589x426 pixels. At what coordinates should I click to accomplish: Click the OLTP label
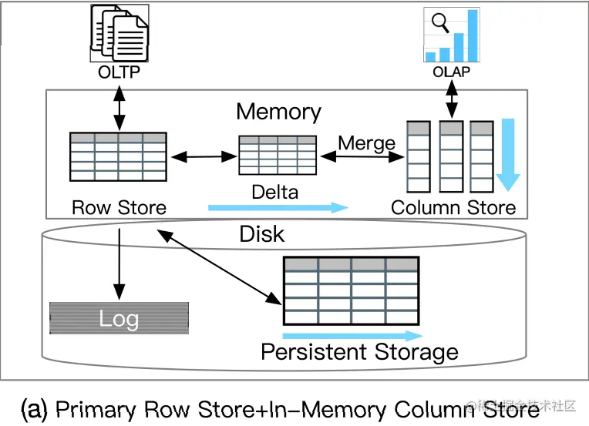pyautogui.click(x=119, y=72)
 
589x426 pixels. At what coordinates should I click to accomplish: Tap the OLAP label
pyautogui.click(x=451, y=72)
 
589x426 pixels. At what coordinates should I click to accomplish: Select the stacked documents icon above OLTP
pyautogui.click(x=119, y=32)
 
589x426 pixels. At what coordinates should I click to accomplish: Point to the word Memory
pyautogui.click(x=278, y=112)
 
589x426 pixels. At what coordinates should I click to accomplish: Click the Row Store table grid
pyautogui.click(x=118, y=156)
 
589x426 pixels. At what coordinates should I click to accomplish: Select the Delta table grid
pyautogui.click(x=278, y=157)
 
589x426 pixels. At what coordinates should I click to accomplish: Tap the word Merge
pyautogui.click(x=366, y=144)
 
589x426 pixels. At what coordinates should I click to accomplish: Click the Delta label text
pyautogui.click(x=275, y=191)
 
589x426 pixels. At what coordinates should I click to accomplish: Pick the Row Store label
pyautogui.click(x=119, y=207)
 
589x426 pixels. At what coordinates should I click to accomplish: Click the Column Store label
pyautogui.click(x=453, y=207)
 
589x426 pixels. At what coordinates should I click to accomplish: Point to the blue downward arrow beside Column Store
pyautogui.click(x=507, y=154)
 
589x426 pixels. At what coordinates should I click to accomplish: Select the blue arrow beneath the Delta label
pyautogui.click(x=278, y=206)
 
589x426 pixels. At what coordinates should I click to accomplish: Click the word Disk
pyautogui.click(x=262, y=233)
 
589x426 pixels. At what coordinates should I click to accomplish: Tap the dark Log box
pyautogui.click(x=119, y=317)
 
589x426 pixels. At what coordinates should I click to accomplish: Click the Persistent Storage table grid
pyautogui.click(x=351, y=290)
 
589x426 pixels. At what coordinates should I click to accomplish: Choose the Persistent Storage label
pyautogui.click(x=359, y=353)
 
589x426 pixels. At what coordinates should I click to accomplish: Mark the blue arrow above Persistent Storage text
pyautogui.click(x=352, y=336)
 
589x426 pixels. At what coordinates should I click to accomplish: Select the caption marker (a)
pyautogui.click(x=35, y=409)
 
